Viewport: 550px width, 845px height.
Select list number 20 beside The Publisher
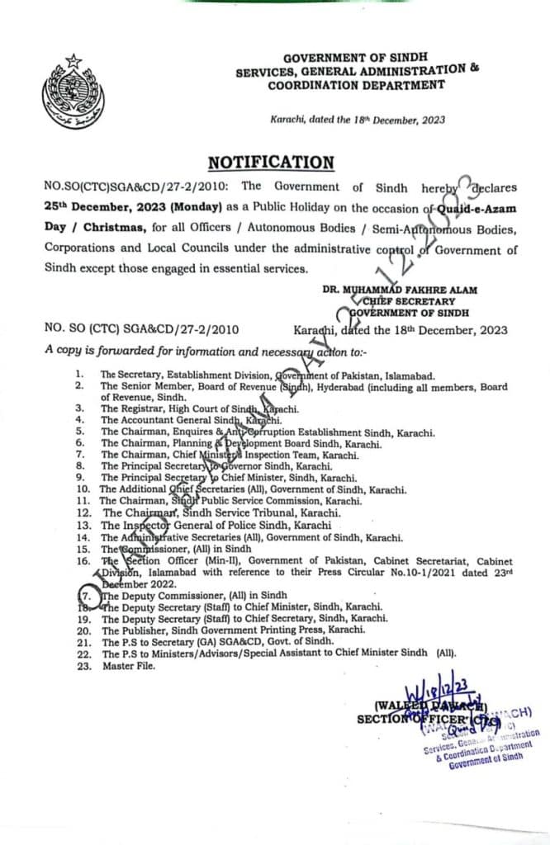point(82,628)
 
